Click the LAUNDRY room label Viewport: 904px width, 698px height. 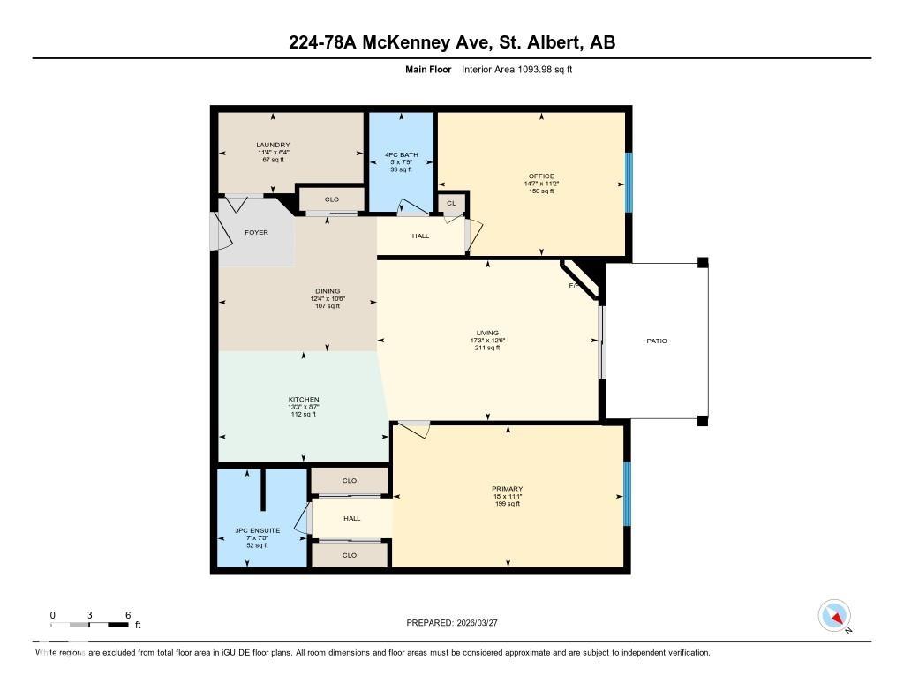click(x=273, y=145)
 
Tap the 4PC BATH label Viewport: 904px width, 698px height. click(x=402, y=155)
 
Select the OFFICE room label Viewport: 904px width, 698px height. click(x=540, y=176)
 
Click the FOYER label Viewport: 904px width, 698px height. click(x=256, y=232)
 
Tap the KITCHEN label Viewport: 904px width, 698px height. click(x=303, y=400)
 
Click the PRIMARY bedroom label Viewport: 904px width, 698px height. click(x=508, y=489)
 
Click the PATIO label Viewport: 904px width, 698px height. click(x=657, y=341)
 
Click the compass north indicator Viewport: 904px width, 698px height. click(x=834, y=615)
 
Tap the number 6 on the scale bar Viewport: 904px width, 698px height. click(x=128, y=615)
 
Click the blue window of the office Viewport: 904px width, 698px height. click(x=629, y=183)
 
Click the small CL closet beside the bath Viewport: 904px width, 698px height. click(x=451, y=204)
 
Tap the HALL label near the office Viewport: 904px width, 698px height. click(x=420, y=236)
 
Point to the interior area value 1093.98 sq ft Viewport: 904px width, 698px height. click(x=516, y=69)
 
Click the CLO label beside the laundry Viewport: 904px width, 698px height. click(x=332, y=199)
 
